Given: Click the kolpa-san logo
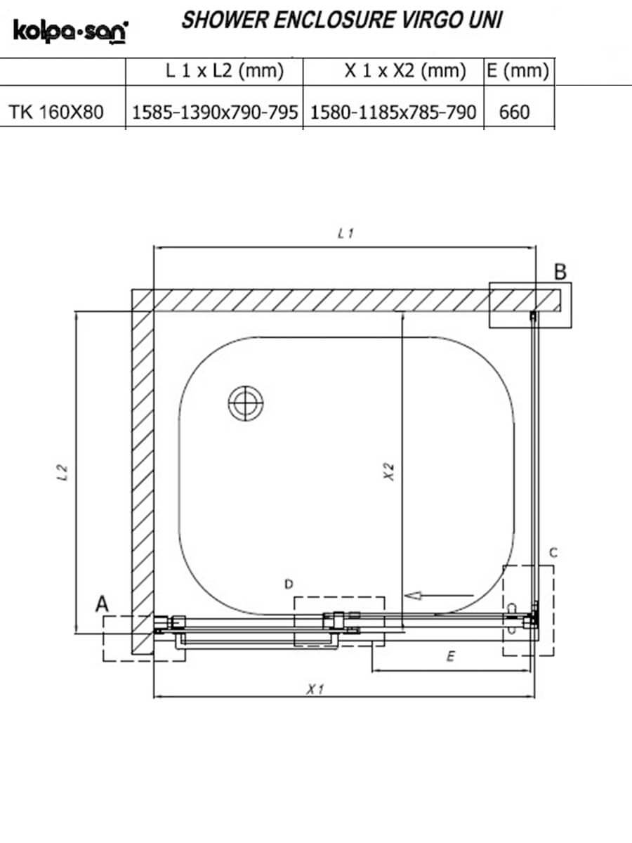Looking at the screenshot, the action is point(71,32).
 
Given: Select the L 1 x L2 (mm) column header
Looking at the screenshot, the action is point(225,71).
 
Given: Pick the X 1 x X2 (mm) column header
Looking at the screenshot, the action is point(406,71).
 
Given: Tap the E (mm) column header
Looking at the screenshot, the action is point(518,71).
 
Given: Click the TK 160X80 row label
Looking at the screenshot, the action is point(56,112).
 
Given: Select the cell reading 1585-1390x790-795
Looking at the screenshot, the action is point(215,112).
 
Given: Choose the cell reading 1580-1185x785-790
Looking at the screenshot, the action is point(393,112).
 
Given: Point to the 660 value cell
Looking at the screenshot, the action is point(514,112).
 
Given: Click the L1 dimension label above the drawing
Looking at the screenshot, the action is point(345,233).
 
